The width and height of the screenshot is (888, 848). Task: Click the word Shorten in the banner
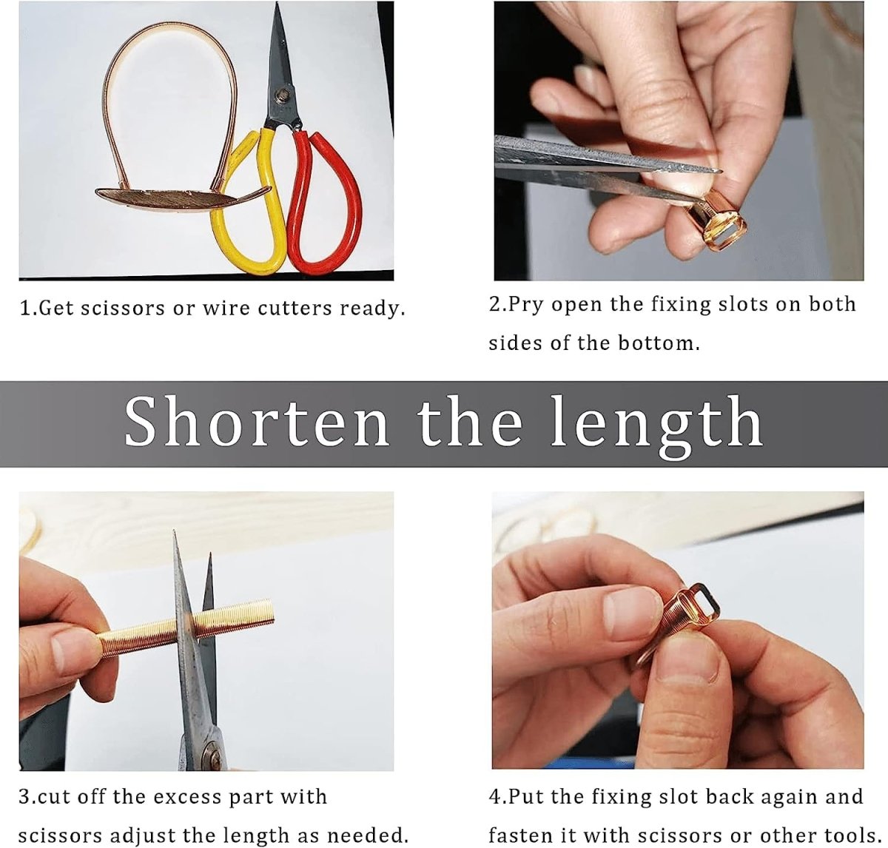point(257,421)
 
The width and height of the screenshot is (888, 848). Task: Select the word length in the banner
point(656,425)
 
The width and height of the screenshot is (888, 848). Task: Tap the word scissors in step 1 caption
point(122,308)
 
